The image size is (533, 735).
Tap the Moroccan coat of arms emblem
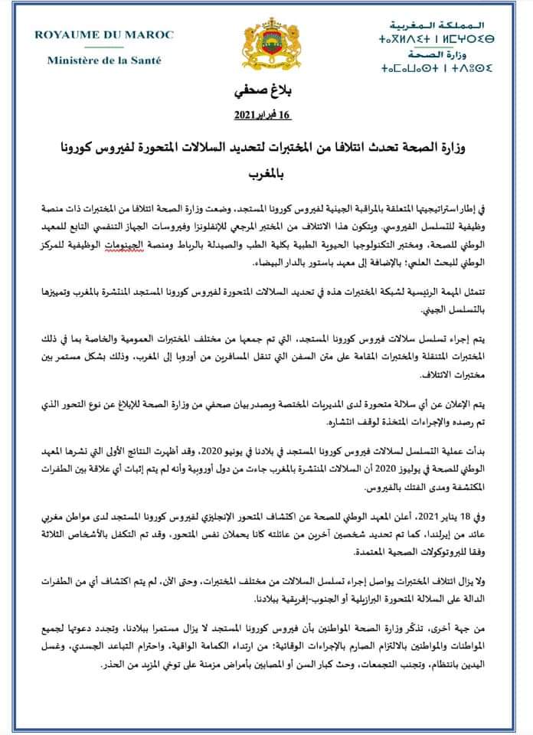coord(266,47)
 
